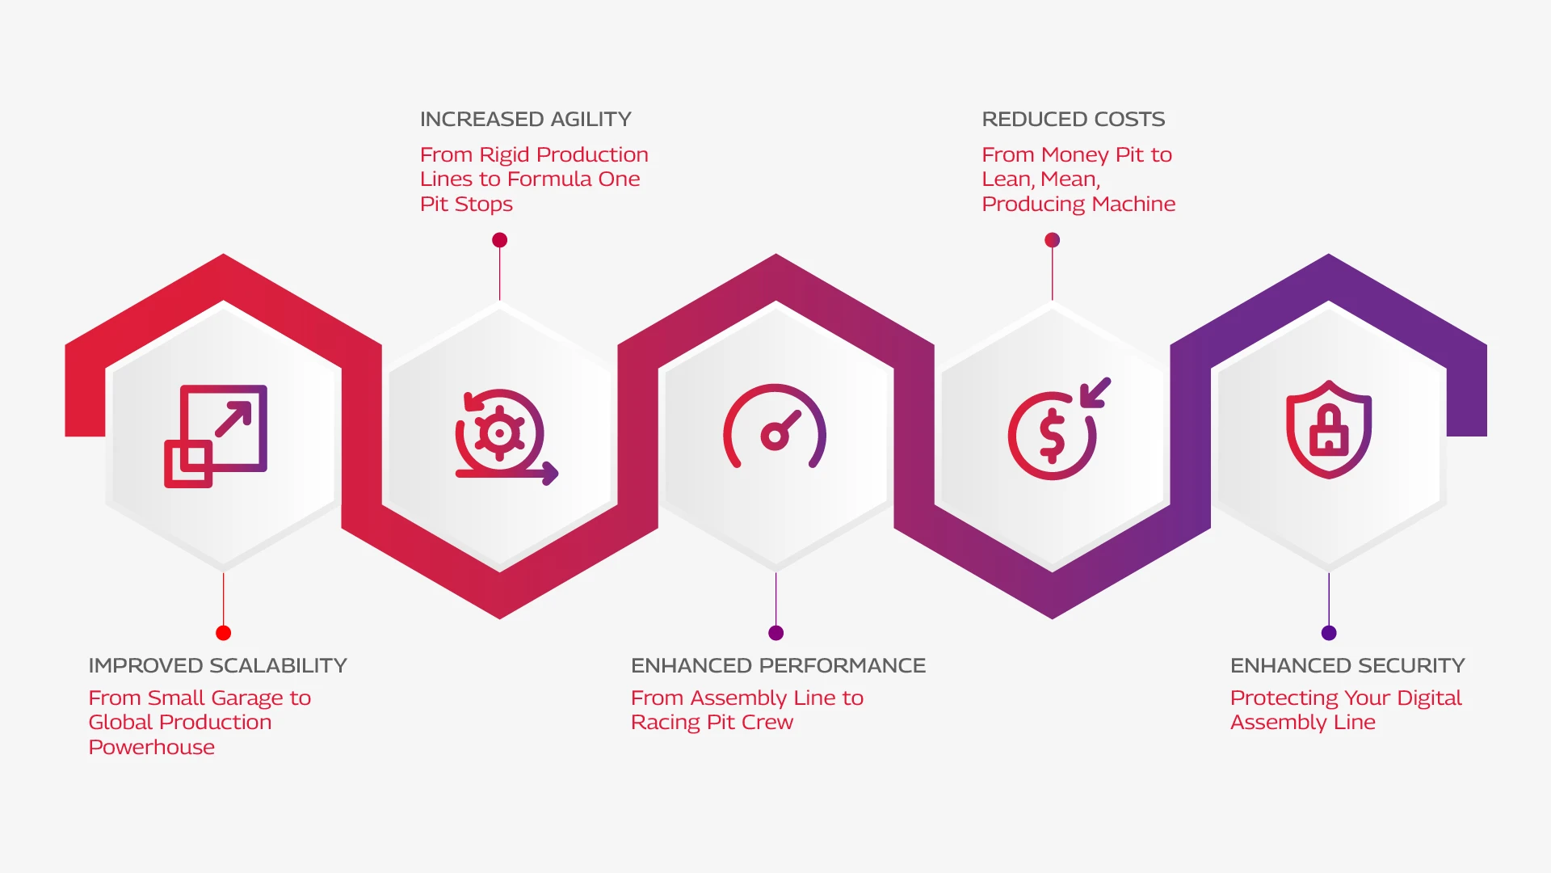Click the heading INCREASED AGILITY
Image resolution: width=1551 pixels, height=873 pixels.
525,120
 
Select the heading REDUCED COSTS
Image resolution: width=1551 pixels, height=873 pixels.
1073,120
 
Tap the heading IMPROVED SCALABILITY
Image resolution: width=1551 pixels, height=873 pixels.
217,665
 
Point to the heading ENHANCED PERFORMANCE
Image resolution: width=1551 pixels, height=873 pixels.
778,665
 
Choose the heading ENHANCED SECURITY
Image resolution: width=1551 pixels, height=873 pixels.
1347,665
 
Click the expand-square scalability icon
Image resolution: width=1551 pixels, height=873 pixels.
215,436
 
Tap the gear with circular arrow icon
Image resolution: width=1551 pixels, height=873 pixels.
506,437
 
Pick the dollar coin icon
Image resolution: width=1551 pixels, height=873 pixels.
1058,429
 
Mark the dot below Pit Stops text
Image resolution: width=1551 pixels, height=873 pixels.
499,240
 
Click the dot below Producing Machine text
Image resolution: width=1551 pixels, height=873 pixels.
1052,240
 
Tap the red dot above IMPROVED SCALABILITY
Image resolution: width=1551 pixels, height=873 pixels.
224,633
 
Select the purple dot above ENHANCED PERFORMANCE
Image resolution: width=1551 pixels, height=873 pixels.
776,633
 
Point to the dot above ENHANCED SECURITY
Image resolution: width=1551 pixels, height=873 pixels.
1329,633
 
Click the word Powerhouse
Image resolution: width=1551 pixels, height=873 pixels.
152,747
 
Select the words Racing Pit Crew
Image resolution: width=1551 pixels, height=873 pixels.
712,723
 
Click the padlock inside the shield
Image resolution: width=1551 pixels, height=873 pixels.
1329,431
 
